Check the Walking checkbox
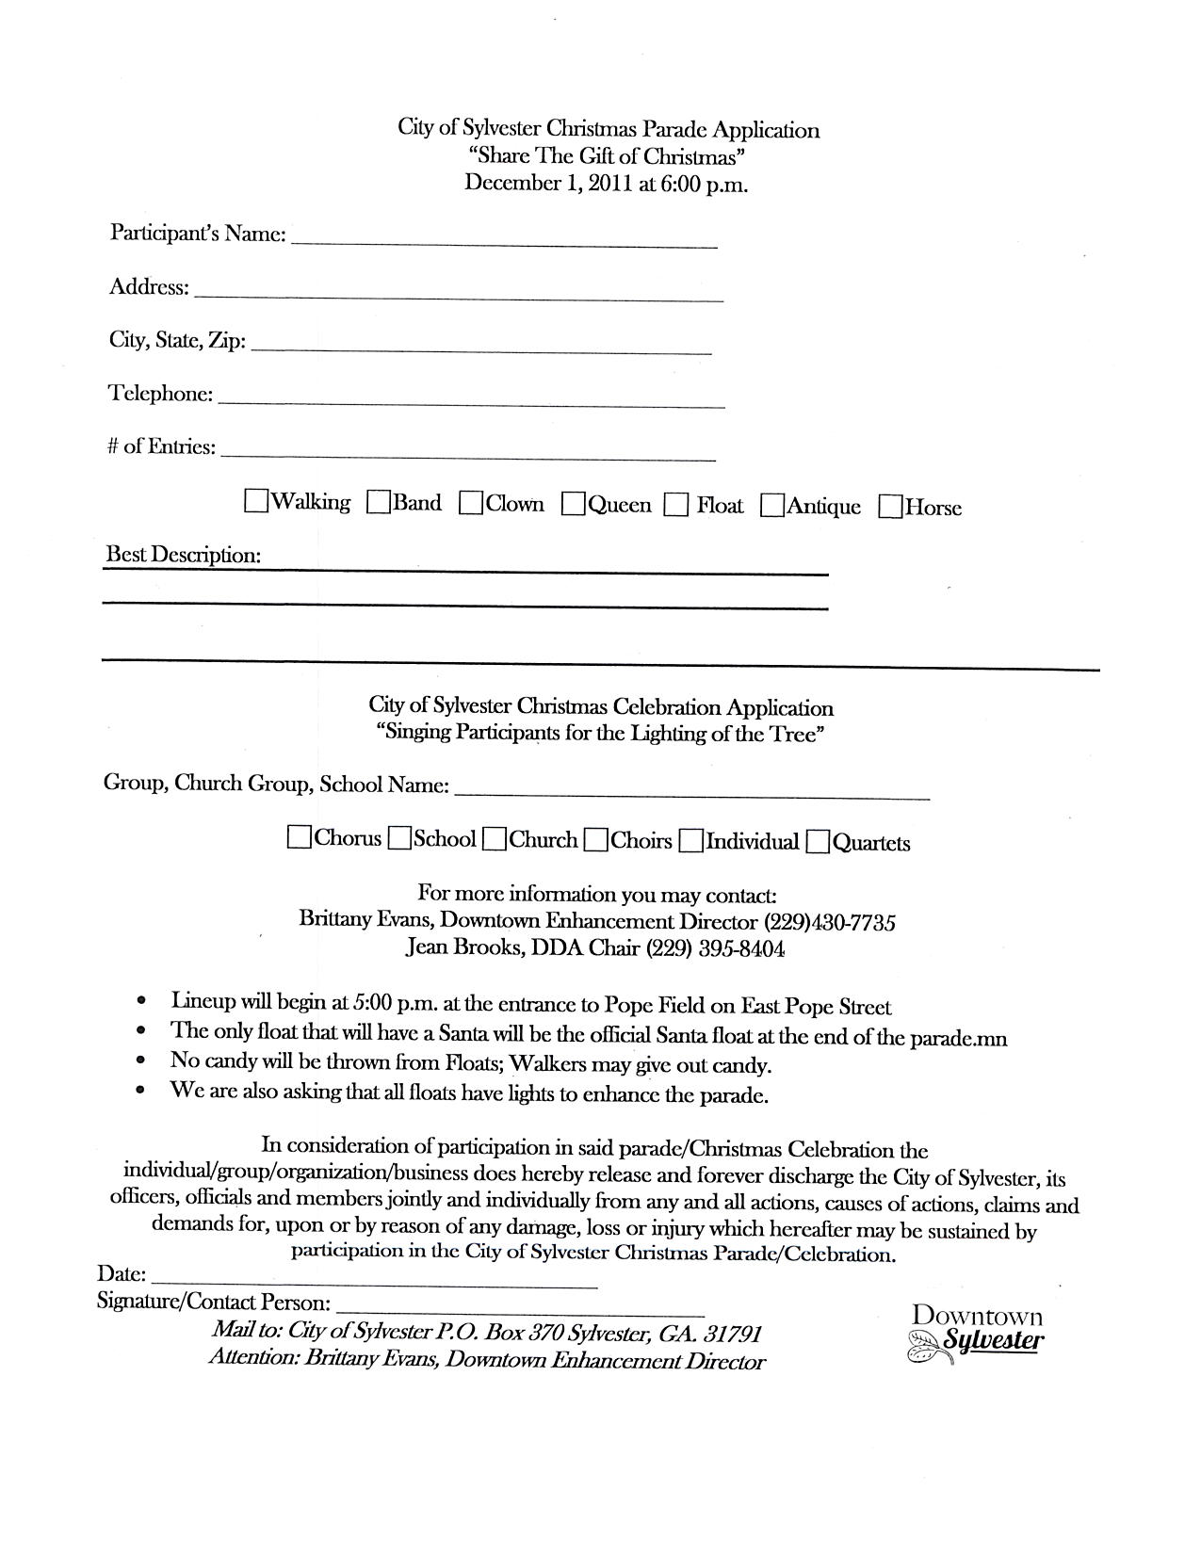coord(255,500)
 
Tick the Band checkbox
coord(379,503)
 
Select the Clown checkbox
coord(471,504)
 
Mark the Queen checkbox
coord(573,505)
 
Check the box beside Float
coord(675,506)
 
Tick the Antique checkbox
coord(772,506)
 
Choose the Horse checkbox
coord(890,507)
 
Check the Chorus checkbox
coord(300,837)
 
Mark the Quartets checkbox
coord(818,841)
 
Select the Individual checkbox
coord(690,840)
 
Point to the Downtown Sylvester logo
coord(976,1332)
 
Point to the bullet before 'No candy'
coord(140,1060)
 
